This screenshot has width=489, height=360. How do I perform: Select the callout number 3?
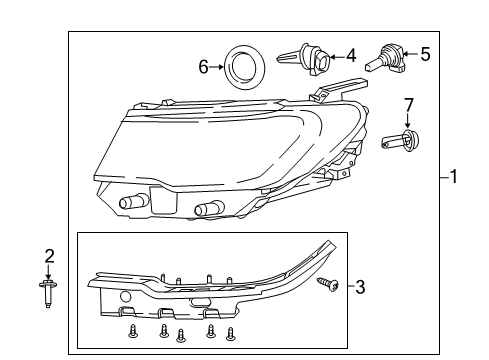(361, 287)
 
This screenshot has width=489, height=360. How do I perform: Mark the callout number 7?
(407, 105)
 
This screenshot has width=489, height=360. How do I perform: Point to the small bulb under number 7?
(401, 141)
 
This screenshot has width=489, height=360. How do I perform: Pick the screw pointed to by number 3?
(327, 286)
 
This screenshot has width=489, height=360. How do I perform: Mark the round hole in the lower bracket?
(125, 297)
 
